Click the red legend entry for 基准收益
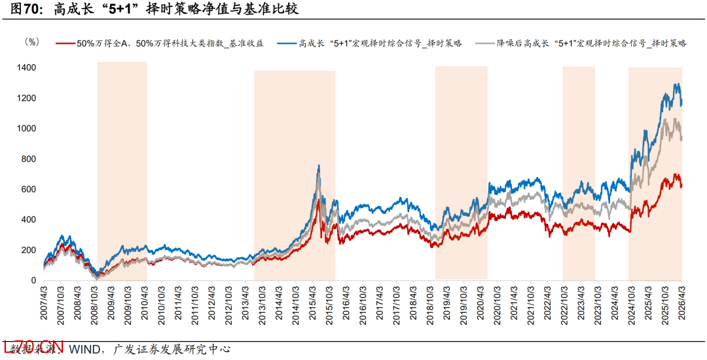(170, 43)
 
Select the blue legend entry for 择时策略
(380, 43)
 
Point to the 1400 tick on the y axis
(27, 68)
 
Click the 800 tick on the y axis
(29, 159)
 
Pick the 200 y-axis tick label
(29, 250)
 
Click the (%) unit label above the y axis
(31, 41)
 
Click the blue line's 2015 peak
(318, 166)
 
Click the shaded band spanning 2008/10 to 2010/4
(122, 170)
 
